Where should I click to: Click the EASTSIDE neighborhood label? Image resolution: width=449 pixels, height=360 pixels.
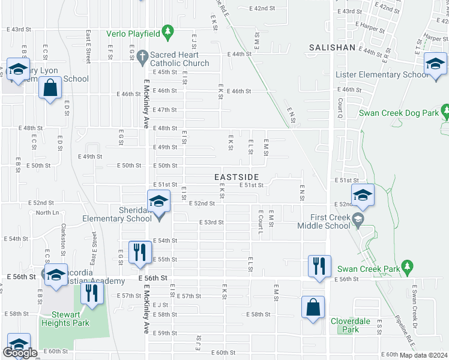(x=237, y=177)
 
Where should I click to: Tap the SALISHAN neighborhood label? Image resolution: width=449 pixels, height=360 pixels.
(x=332, y=47)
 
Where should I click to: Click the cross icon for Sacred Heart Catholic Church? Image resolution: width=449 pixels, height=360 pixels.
(x=142, y=56)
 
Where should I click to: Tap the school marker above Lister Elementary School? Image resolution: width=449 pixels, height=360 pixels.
(x=435, y=64)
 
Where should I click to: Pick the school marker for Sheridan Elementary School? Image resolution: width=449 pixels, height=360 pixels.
(x=158, y=201)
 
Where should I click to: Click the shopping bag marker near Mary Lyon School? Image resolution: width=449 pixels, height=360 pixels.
(x=50, y=88)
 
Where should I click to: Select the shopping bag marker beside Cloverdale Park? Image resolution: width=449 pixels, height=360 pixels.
(x=313, y=308)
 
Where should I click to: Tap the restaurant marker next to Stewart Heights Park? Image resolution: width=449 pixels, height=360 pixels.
(x=92, y=293)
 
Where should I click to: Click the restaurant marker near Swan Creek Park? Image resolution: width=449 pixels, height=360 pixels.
(x=319, y=266)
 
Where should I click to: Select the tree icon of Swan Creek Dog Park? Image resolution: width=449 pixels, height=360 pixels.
(x=444, y=111)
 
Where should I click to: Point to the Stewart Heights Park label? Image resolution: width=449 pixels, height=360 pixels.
(x=65, y=318)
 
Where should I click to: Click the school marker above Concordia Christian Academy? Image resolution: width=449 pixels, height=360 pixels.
(x=55, y=275)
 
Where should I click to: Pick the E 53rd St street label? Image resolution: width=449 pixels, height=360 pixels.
(x=211, y=222)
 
